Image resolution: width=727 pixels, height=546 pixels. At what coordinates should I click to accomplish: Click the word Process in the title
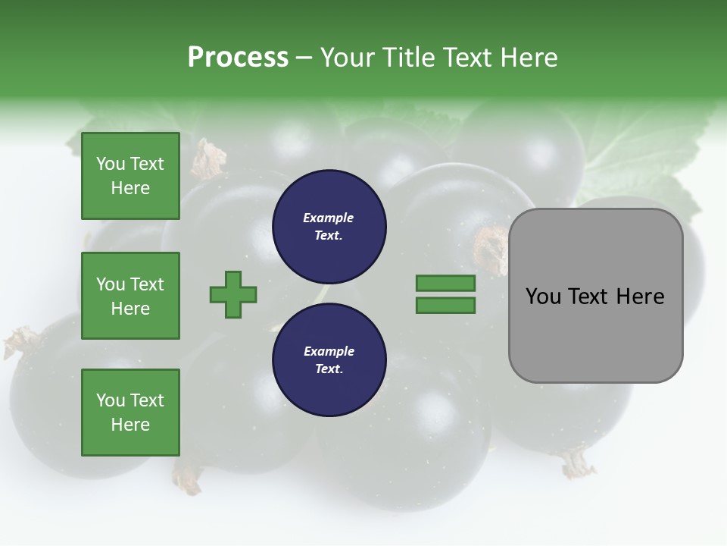(x=238, y=57)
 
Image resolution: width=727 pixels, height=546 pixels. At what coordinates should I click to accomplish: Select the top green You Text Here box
(x=130, y=176)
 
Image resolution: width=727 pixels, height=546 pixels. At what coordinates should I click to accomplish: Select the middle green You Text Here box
(x=130, y=296)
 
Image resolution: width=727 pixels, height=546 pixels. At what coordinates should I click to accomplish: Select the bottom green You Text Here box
(x=130, y=413)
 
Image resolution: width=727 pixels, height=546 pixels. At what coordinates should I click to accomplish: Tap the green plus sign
(x=233, y=294)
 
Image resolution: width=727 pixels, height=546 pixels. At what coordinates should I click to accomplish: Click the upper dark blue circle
(x=329, y=227)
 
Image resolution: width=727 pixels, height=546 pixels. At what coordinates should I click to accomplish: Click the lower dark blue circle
(x=329, y=360)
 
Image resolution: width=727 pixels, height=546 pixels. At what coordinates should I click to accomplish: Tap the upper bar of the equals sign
(x=445, y=283)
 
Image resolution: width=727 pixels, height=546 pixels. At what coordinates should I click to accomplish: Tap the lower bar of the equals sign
(x=445, y=305)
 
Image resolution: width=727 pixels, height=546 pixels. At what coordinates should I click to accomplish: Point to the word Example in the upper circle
(x=329, y=218)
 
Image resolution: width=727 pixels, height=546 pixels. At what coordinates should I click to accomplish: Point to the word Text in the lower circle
(x=328, y=369)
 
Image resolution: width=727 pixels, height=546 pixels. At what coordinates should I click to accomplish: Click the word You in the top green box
(x=111, y=164)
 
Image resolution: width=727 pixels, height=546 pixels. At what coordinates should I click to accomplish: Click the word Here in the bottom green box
(x=130, y=425)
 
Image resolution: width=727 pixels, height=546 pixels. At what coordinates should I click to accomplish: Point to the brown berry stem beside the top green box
(x=207, y=157)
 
